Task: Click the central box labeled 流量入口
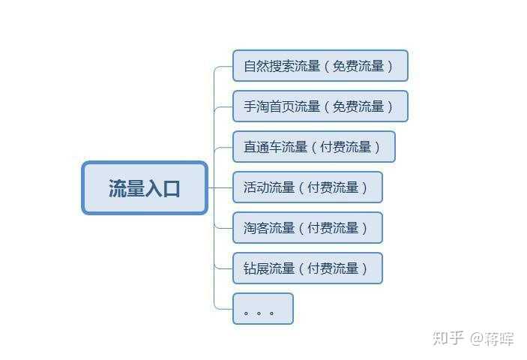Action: point(144,188)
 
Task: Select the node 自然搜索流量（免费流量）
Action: point(320,66)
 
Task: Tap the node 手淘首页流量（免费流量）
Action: point(320,106)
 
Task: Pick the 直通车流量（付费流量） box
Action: point(313,147)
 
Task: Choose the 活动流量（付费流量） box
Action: point(307,187)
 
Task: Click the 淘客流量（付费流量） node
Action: point(307,228)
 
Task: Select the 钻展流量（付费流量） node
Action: point(307,268)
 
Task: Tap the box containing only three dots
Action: point(262,309)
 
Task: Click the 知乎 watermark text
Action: point(449,337)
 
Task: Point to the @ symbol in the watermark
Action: point(477,338)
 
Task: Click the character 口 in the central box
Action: point(172,188)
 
